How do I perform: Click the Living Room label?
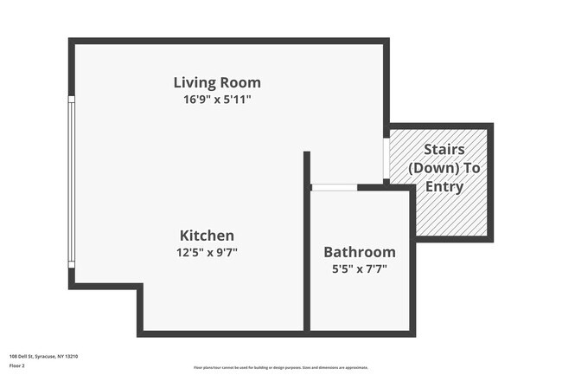217,83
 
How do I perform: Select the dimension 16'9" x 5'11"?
217,100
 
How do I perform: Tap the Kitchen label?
207,236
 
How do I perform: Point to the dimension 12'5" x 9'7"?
207,252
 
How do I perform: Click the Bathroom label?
360,252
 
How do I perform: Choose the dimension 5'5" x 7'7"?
360,268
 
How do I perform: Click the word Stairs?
444,151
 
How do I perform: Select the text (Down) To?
444,168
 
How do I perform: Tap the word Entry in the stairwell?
444,186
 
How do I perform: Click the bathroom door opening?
334,187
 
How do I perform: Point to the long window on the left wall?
72,182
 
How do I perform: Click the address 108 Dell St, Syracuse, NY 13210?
44,355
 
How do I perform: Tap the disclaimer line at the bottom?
281,368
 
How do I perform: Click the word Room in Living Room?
240,83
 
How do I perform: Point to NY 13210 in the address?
67,355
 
